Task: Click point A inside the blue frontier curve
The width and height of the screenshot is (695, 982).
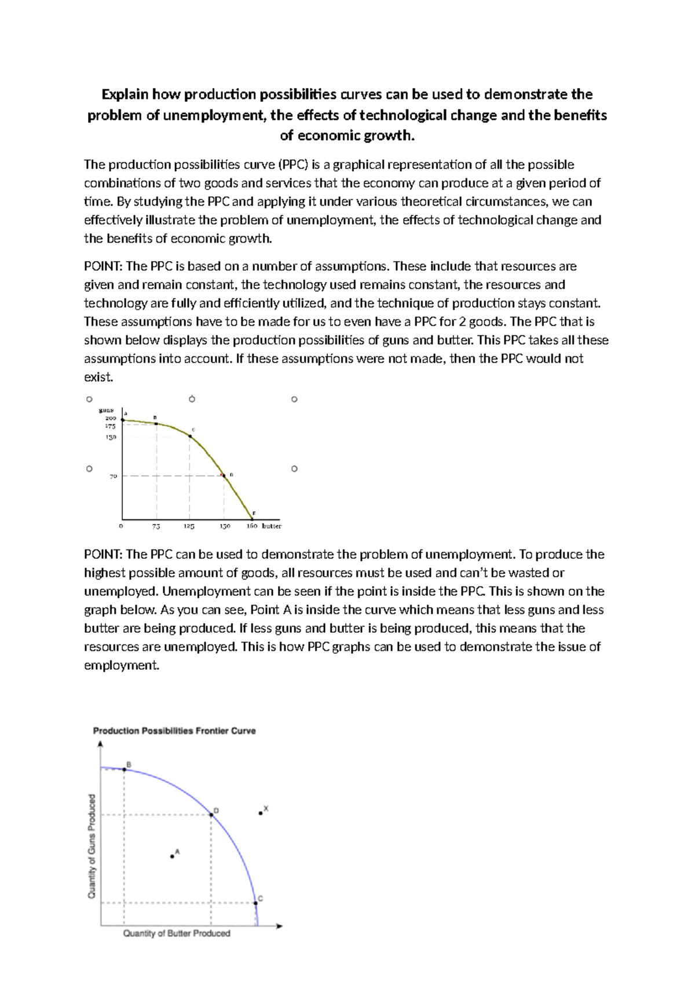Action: pyautogui.click(x=172, y=856)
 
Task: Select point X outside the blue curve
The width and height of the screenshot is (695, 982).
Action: pyautogui.click(x=261, y=813)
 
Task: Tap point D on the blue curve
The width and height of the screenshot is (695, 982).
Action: pyautogui.click(x=211, y=815)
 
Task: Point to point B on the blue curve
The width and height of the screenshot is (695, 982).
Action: pyautogui.click(x=124, y=769)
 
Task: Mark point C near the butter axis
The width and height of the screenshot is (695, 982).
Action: pyautogui.click(x=255, y=902)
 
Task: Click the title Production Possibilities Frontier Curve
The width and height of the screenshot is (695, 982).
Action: pyautogui.click(x=174, y=731)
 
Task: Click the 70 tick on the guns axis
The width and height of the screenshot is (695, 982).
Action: pyautogui.click(x=114, y=476)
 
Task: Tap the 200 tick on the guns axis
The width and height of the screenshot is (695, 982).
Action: pyautogui.click(x=110, y=418)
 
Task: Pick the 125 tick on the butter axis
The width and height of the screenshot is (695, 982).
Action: pyautogui.click(x=189, y=527)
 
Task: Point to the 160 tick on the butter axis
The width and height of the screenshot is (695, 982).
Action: pyautogui.click(x=252, y=527)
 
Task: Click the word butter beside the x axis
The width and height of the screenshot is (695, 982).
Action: pyautogui.click(x=272, y=526)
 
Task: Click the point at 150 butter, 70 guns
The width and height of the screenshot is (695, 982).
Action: pyautogui.click(x=224, y=476)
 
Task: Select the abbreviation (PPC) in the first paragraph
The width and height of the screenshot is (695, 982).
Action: pyautogui.click(x=292, y=165)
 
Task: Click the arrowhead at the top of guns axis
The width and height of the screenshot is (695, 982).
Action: pyautogui.click(x=101, y=743)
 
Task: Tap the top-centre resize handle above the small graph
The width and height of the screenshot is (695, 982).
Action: pyautogui.click(x=192, y=399)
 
